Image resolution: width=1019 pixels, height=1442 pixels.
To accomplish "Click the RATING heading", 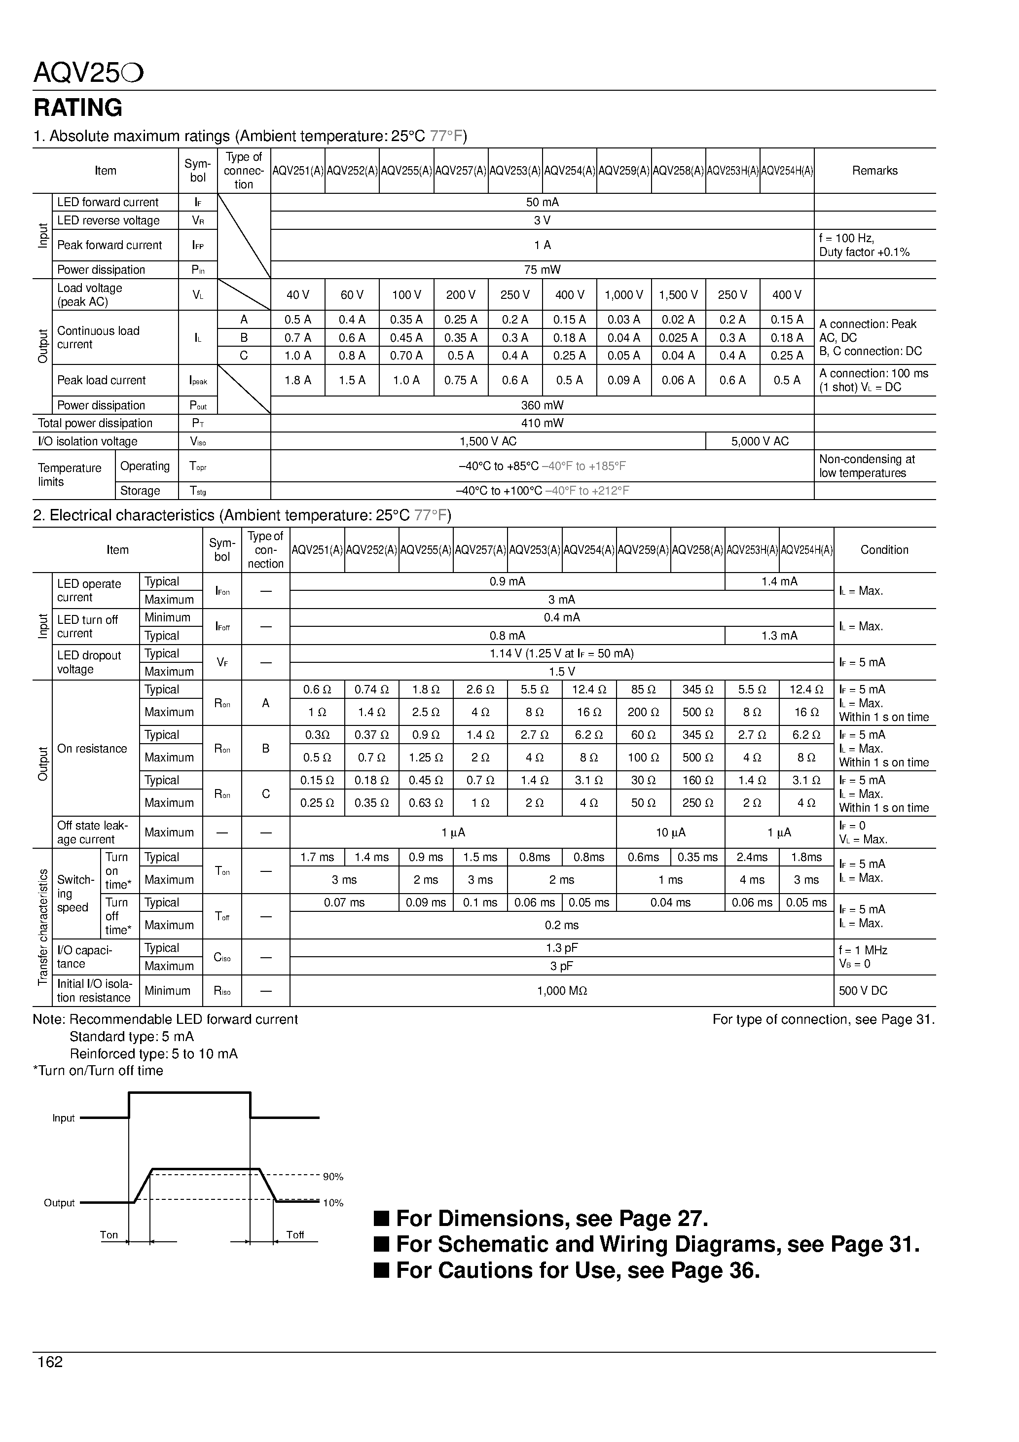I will tap(78, 108).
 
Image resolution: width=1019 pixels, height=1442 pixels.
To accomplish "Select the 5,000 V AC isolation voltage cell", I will tap(760, 441).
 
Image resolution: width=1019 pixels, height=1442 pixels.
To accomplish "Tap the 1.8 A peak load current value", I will tap(298, 380).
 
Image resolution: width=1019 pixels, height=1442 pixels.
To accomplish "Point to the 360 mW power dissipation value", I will tap(542, 405).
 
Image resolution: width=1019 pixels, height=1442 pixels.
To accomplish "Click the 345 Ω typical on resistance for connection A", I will tap(697, 689).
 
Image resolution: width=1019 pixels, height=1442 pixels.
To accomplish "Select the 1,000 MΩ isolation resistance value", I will tap(562, 990).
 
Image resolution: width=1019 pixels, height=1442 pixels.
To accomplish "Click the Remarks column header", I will tap(874, 171).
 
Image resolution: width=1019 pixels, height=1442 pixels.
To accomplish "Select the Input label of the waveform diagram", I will tap(64, 1118).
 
